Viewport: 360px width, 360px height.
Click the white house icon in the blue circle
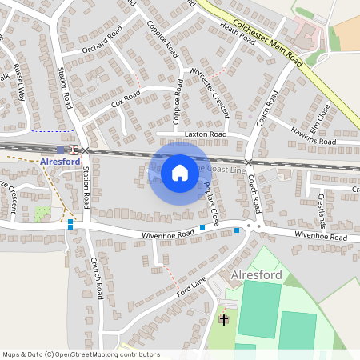tap(180, 172)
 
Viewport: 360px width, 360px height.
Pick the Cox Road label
tap(126, 99)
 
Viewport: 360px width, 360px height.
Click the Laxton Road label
tap(206, 134)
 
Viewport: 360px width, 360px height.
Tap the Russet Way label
tap(20, 82)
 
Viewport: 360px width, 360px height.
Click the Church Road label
tap(96, 277)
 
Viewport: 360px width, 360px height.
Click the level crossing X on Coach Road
tap(249, 162)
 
